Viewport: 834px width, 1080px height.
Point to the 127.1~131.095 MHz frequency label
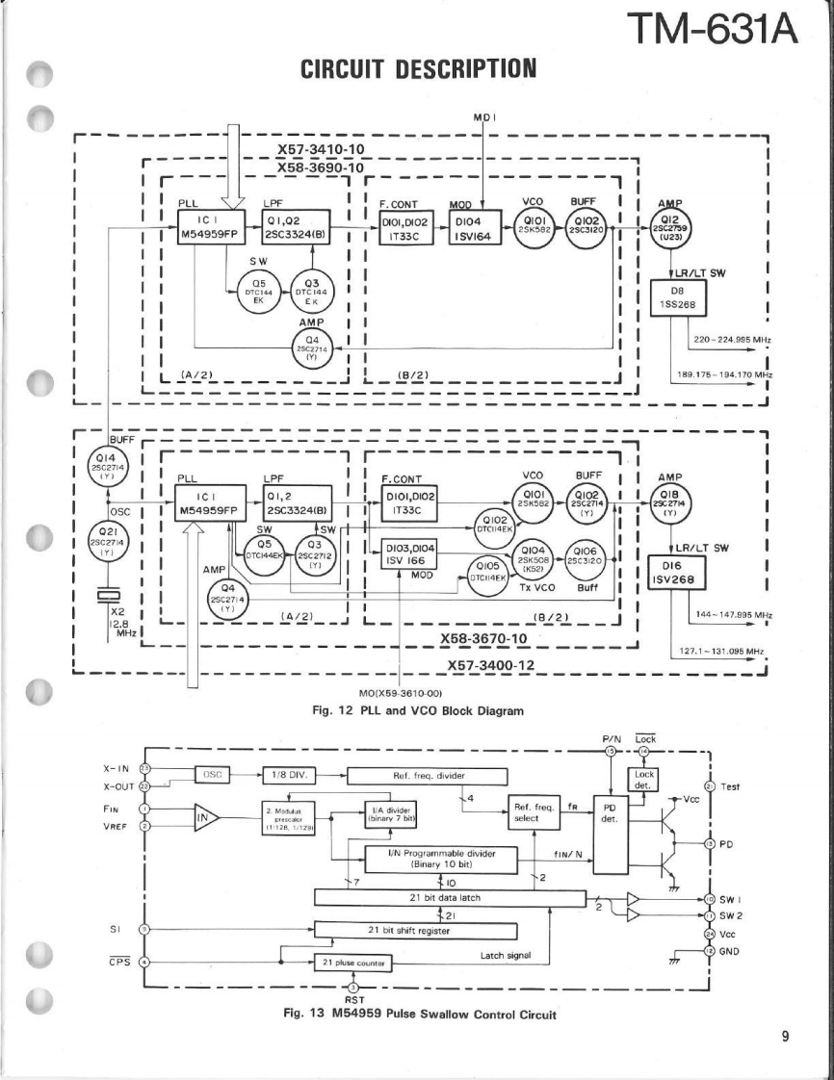click(x=722, y=651)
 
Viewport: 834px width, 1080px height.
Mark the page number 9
click(x=786, y=1036)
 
